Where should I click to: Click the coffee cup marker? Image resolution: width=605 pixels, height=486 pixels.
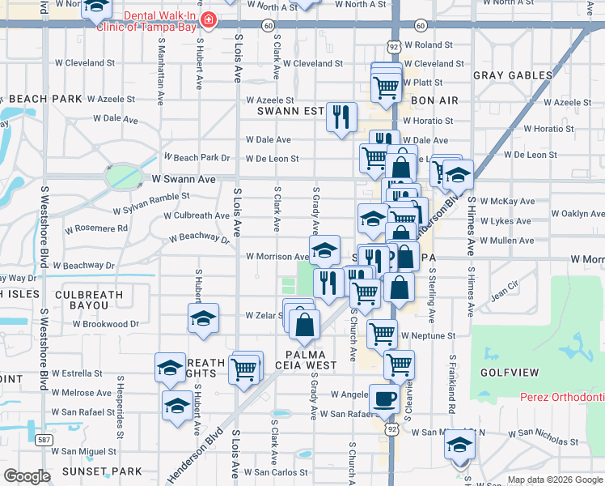[x=383, y=399]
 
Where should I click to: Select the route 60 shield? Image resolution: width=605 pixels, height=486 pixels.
[x=267, y=26]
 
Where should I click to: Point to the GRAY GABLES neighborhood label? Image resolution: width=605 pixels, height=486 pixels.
[x=513, y=75]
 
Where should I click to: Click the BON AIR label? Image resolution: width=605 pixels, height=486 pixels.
[x=434, y=100]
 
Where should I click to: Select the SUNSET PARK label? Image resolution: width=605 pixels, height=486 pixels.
[x=104, y=471]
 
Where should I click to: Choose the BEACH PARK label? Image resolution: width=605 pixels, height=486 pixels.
[x=46, y=99]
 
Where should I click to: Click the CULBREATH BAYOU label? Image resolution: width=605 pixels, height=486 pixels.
[x=89, y=301]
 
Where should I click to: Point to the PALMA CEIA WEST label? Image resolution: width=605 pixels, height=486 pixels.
[x=311, y=360]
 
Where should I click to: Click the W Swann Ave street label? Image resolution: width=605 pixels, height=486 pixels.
[x=184, y=179]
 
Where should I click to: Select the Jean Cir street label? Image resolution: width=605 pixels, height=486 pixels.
[x=504, y=290]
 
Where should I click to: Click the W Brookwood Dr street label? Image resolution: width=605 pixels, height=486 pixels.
[x=105, y=324]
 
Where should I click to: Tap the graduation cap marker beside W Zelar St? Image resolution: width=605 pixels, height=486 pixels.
[x=203, y=319]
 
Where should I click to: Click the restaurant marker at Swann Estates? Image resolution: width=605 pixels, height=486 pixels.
[x=341, y=116]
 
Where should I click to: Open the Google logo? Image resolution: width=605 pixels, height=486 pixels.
[x=27, y=476]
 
